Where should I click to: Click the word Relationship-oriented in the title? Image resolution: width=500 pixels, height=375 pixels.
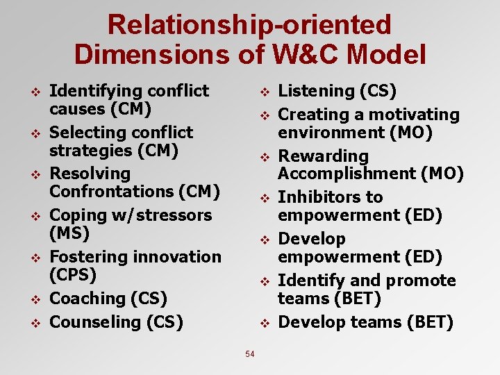point(249,25)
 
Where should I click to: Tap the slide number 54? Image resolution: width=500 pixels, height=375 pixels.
point(250,354)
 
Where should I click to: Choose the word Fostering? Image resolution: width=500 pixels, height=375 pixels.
point(89,256)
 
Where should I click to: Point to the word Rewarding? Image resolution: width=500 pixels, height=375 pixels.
point(323,156)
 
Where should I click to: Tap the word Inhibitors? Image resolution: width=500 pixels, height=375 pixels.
point(321,197)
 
